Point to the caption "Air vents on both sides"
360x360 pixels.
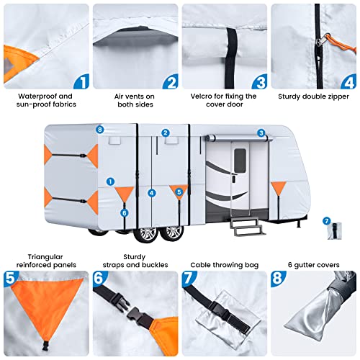[135, 100]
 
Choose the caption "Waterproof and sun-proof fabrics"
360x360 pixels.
[45, 100]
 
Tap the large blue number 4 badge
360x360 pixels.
[348, 81]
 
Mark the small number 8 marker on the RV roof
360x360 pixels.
[99, 130]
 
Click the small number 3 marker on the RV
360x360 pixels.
[261, 132]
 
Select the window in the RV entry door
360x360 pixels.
[238, 163]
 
